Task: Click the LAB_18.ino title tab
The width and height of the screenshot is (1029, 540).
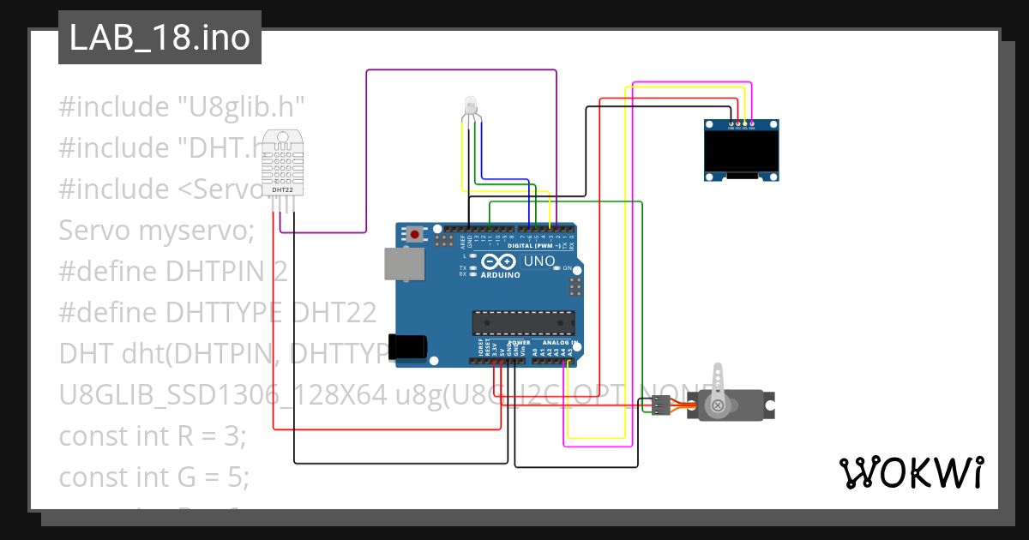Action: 159,39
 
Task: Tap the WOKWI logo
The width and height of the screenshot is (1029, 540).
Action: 910,472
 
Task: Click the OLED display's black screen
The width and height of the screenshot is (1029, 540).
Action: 743,150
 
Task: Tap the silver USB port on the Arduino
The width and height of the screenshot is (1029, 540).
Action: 402,264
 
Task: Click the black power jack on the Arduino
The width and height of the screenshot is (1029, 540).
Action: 407,346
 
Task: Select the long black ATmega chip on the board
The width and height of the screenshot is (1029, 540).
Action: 523,323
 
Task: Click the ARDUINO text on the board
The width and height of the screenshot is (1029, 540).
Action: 501,275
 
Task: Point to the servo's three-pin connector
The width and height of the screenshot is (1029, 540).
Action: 661,405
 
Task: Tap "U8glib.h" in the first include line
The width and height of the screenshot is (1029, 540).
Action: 241,107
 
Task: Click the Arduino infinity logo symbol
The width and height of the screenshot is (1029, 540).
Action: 500,261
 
